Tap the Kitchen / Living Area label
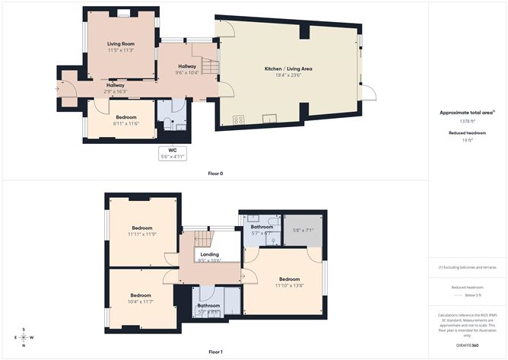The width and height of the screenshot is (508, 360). coord(288,69)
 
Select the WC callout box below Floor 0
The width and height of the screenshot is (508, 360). coord(173,154)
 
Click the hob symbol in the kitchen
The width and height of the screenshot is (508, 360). coord(238,119)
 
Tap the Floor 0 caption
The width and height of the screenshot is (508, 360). coord(216,174)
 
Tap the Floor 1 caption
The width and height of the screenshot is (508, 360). coord(216,352)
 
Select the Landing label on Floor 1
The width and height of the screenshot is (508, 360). coord(209,254)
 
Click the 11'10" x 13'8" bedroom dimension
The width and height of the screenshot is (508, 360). coord(289,285)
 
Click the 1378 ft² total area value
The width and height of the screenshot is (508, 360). coord(467,121)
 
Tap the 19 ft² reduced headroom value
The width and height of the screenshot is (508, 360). coord(467,141)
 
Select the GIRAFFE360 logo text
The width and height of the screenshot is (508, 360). coord(467,345)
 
